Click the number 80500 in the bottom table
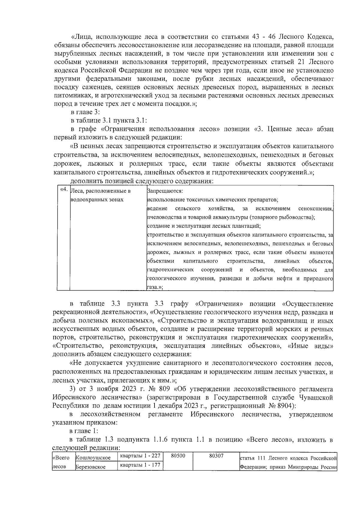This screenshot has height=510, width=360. pyautogui.click(x=178, y=456)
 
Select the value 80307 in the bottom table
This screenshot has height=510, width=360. pyautogui.click(x=216, y=456)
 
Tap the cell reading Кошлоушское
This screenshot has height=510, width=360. pyautogui.click(x=93, y=458)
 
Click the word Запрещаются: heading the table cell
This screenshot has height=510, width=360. pyautogui.click(x=165, y=191)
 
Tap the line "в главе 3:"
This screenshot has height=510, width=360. pyautogui.click(x=85, y=112)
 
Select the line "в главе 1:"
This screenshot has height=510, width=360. pyautogui.click(x=84, y=431)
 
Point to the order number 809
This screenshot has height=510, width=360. pyautogui.click(x=166, y=389)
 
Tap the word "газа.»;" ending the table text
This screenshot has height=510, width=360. pyautogui.click(x=155, y=287)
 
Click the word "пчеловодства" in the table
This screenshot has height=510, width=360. pyautogui.click(x=163, y=217)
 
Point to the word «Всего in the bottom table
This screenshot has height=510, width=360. pyautogui.click(x=61, y=458)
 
